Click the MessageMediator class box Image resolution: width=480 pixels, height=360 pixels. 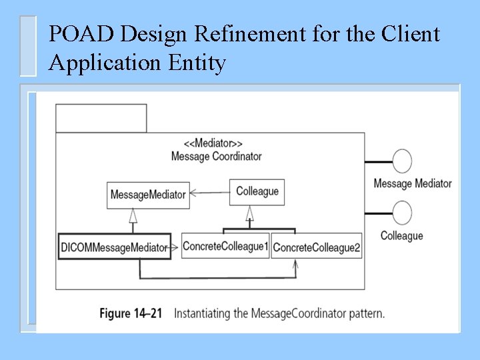tap(148, 195)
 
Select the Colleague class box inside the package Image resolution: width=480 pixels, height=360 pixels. tap(257, 191)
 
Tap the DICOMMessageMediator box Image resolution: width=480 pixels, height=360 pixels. tap(114, 247)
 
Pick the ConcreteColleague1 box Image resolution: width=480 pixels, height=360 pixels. tap(225, 247)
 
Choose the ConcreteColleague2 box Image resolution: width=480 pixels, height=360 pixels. tap(317, 247)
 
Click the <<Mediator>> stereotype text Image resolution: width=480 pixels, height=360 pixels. tap(213, 143)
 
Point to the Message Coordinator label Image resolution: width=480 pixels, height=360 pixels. tap(216, 156)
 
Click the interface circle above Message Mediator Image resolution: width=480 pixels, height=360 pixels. tap(402, 161)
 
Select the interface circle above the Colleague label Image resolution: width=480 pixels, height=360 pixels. tap(402, 214)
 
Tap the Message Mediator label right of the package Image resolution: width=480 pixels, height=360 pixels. tap(412, 183)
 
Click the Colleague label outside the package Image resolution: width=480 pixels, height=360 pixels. tap(401, 235)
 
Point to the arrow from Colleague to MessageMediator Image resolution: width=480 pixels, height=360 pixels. tap(209, 193)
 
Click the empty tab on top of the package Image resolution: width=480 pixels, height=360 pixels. tap(101, 118)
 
